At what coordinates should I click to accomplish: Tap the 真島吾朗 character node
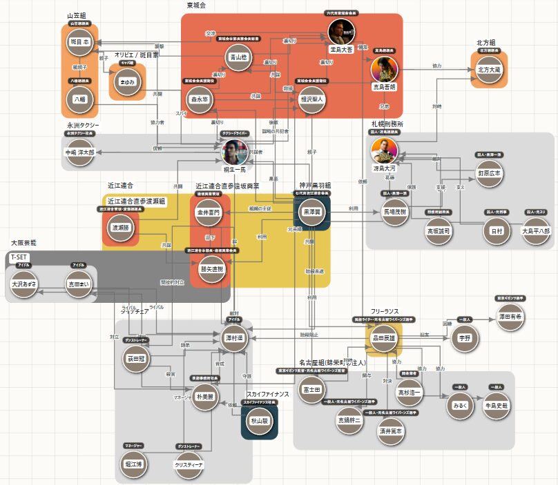tap(385, 70)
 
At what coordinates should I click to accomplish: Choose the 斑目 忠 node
tap(80, 42)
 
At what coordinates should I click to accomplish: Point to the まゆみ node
tap(128, 81)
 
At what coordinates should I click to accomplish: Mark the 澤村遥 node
tap(235, 338)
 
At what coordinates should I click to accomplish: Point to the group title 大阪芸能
tap(23, 243)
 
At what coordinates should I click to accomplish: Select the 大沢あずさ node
tap(23, 284)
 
